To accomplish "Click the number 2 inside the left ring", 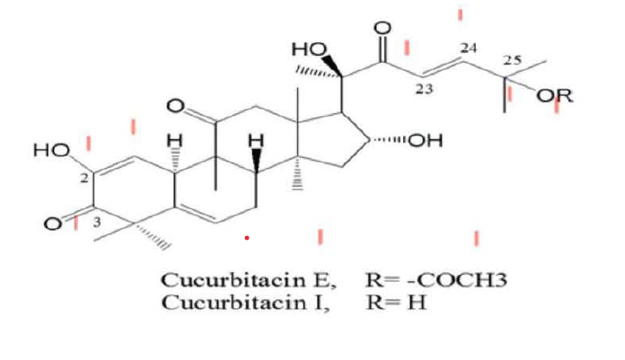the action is [83, 179].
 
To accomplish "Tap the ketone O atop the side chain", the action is [383, 30].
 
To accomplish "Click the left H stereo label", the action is [176, 140].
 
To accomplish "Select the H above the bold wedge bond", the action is [257, 140].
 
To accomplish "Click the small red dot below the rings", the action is [246, 239].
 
